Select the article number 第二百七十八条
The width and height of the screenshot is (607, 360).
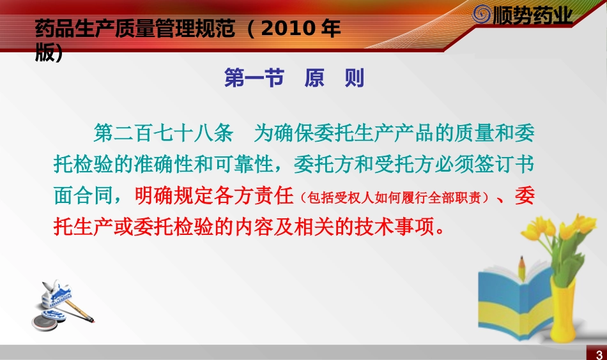point(162,133)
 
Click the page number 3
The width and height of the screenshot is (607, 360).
point(599,354)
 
